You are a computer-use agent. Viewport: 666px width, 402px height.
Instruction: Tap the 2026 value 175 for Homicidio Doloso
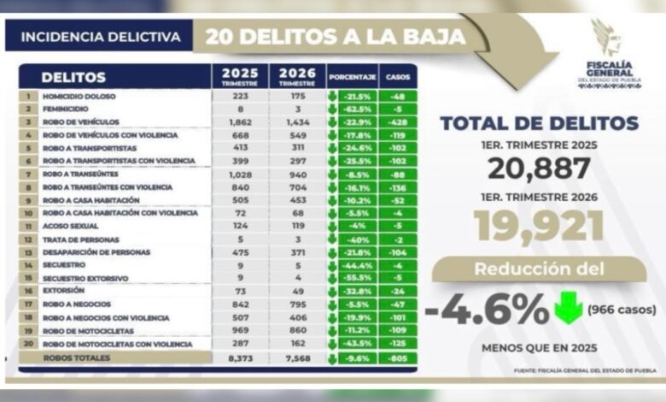tap(296, 96)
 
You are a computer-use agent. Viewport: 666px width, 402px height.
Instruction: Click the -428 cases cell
tap(397, 122)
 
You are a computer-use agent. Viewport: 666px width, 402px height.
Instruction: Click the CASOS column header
tap(397, 77)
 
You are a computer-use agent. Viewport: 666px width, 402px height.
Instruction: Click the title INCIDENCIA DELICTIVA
tap(100, 37)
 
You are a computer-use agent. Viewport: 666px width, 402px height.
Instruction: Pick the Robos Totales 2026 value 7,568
tap(296, 358)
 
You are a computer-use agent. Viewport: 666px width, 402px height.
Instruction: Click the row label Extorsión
tap(64, 292)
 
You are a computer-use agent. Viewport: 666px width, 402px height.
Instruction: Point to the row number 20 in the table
tap(28, 345)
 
